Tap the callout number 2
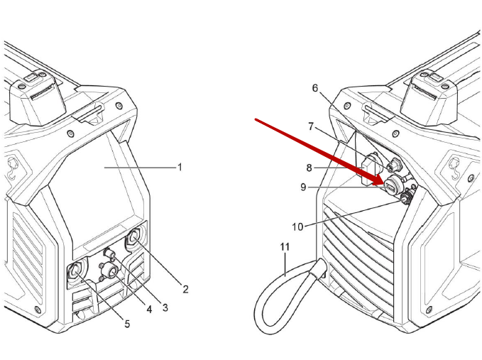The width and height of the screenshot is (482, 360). (x=185, y=289)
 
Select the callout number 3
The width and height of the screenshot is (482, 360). (x=165, y=307)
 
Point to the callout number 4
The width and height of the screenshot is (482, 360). (x=149, y=310)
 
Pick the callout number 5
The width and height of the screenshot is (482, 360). (x=128, y=324)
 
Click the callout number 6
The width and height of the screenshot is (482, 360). (x=316, y=88)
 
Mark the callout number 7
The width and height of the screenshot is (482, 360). (x=310, y=126)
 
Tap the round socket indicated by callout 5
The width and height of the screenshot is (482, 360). (x=75, y=271)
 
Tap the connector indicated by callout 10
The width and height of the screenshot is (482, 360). (x=406, y=200)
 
